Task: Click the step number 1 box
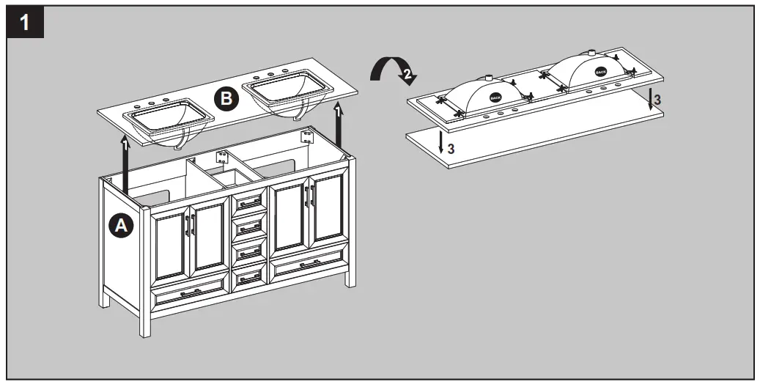(x=25, y=23)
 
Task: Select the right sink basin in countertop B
(x=289, y=91)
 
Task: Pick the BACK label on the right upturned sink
(x=600, y=72)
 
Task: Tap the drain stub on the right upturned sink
(x=591, y=53)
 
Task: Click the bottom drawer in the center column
(x=249, y=276)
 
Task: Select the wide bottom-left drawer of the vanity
(x=189, y=291)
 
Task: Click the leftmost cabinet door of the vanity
(x=171, y=245)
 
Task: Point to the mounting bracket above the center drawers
(x=221, y=155)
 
